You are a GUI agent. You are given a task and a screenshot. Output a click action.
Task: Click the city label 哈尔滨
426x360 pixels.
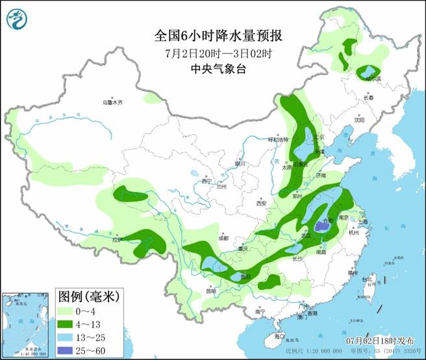pyautogui.click(x=374, y=79)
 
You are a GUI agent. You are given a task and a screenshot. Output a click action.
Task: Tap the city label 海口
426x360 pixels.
pyautogui.click(x=279, y=336)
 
